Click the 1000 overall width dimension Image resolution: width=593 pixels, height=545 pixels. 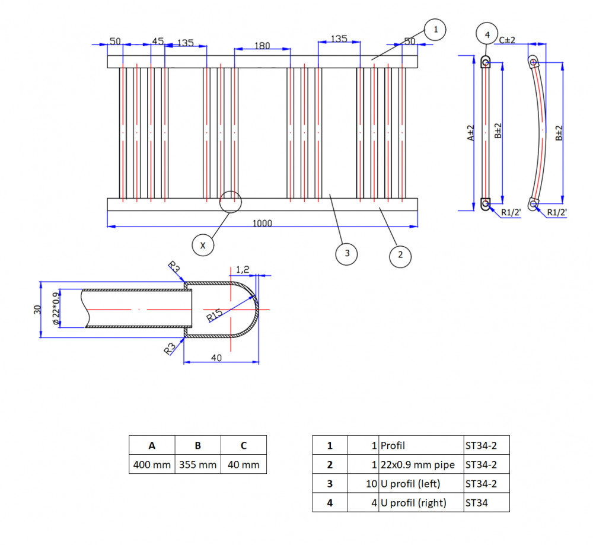(x=262, y=223)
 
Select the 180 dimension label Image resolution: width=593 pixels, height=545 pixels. (x=262, y=46)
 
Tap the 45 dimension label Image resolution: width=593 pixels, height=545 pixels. (x=158, y=41)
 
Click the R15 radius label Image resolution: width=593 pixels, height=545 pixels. (x=215, y=316)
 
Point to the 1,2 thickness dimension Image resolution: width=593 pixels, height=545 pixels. (x=243, y=269)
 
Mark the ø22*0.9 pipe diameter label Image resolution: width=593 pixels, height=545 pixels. (x=56, y=308)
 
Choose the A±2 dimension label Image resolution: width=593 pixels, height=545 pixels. (x=471, y=133)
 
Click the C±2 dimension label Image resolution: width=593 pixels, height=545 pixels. (x=507, y=40)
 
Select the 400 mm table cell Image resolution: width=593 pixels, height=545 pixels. (x=152, y=464)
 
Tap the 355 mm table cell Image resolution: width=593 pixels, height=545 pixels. (x=198, y=464)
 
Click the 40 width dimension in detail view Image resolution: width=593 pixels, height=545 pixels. (x=216, y=358)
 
